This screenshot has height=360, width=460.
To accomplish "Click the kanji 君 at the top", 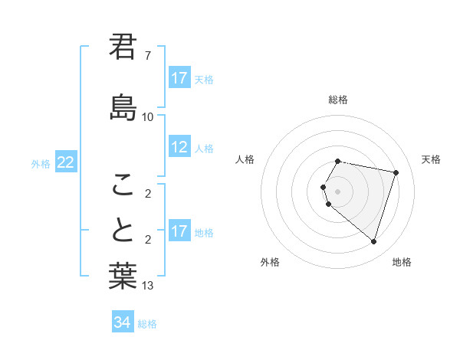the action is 123,47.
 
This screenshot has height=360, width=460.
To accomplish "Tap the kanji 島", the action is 123,107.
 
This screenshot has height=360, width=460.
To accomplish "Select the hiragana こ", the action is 123,184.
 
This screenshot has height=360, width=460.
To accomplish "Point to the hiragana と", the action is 123,230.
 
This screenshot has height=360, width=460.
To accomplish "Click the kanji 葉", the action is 123,277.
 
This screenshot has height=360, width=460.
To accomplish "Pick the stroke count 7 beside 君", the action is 147,56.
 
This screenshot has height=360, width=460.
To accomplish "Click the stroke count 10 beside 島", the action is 147,116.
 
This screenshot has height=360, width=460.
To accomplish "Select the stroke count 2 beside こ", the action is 147,193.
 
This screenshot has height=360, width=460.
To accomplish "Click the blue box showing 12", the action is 179,147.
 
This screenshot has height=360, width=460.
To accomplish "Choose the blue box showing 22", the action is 66,162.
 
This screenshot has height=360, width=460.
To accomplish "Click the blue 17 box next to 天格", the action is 179,78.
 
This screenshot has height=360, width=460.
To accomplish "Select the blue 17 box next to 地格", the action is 179,231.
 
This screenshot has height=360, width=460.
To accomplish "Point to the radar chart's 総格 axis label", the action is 338,100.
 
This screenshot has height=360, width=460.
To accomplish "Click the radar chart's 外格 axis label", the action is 270,262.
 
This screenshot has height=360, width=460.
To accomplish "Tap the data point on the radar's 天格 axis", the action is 396,172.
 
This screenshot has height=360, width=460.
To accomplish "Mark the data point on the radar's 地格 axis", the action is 373,241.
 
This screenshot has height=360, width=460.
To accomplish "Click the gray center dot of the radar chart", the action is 338,191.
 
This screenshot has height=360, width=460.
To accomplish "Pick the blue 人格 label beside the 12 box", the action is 204,148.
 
